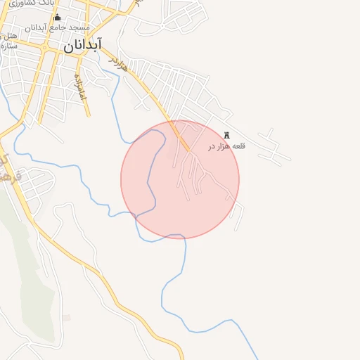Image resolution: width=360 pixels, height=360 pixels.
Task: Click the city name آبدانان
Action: [x=83, y=46]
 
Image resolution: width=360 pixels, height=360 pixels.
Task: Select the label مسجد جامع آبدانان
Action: [x=58, y=28]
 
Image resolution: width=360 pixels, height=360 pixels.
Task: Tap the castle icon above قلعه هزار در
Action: [x=226, y=135]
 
